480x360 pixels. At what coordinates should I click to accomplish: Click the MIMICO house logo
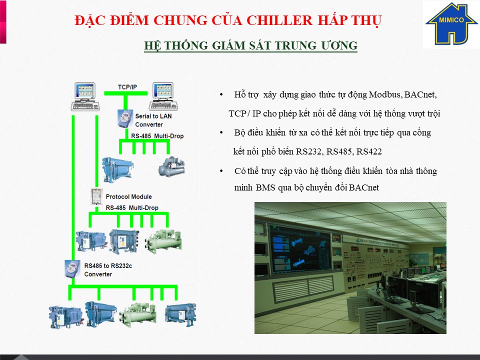[x=451, y=24]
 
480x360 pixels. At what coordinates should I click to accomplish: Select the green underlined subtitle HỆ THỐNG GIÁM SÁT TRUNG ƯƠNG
[x=250, y=46]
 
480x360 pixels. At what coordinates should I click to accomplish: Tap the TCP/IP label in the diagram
[x=127, y=87]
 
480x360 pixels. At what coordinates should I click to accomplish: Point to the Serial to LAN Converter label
[x=150, y=120]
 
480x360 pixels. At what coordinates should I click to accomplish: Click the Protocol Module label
[x=128, y=196]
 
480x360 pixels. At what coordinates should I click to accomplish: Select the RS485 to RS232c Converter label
[x=108, y=270]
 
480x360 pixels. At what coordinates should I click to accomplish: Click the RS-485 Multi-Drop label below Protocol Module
[x=131, y=207]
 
